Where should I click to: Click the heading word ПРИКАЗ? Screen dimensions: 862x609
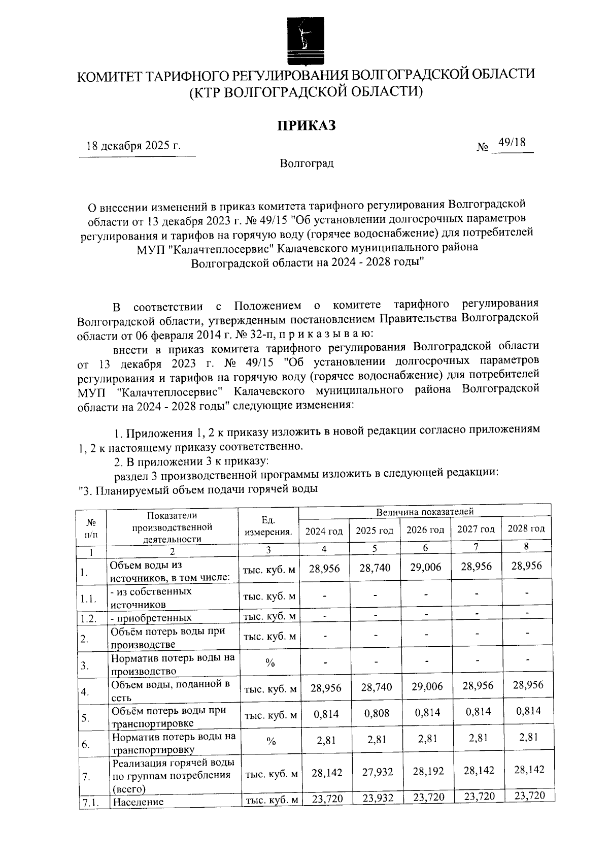[306, 125]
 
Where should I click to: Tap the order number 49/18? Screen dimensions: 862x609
[512, 143]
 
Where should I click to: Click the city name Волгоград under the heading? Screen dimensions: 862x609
[307, 164]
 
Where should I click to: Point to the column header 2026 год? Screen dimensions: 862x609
[425, 530]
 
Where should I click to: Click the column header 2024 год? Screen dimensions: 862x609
[324, 531]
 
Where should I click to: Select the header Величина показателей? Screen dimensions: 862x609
[425, 511]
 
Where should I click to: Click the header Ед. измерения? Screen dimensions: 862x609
[268, 526]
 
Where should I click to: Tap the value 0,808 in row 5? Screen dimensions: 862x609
[377, 713]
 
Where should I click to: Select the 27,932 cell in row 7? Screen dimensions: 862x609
[378, 772]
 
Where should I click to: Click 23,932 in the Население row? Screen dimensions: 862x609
[378, 799]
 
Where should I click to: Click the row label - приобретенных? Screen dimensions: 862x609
[151, 618]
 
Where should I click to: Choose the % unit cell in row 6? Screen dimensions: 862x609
[270, 742]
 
